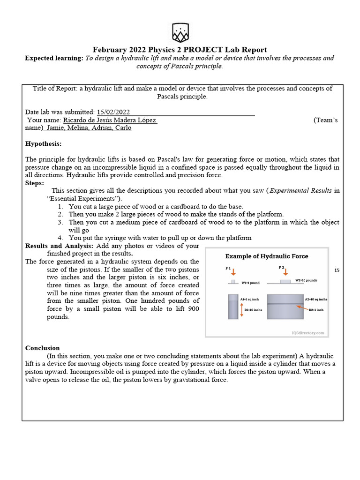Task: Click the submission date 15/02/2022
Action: point(113,112)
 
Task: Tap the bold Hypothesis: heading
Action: point(43,143)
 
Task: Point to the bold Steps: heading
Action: point(35,183)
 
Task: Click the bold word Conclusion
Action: point(42,348)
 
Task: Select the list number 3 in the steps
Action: point(60,222)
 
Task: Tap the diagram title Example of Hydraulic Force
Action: point(267,256)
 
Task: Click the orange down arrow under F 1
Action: point(234,272)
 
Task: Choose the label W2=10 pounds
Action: point(306,280)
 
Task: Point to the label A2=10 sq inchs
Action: point(316,299)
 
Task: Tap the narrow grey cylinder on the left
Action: point(232,307)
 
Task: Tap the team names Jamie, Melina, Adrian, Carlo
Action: point(89,128)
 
